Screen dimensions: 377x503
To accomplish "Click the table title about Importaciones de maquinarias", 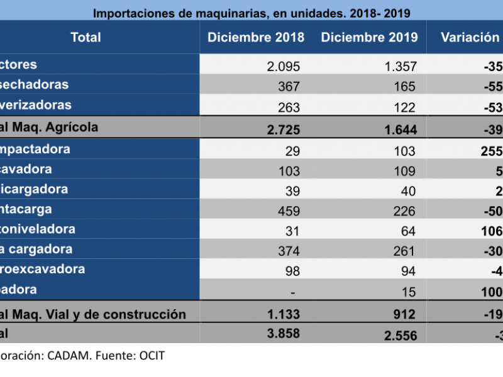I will (x=251, y=13).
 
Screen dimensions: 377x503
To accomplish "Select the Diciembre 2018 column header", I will (x=256, y=37).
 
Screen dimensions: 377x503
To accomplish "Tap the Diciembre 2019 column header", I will (x=369, y=37).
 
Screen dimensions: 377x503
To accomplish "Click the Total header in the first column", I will (x=86, y=37).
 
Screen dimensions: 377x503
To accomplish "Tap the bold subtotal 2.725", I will (x=283, y=129).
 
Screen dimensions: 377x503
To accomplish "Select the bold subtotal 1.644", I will (x=400, y=129).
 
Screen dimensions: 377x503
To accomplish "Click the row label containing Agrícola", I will (x=49, y=128).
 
